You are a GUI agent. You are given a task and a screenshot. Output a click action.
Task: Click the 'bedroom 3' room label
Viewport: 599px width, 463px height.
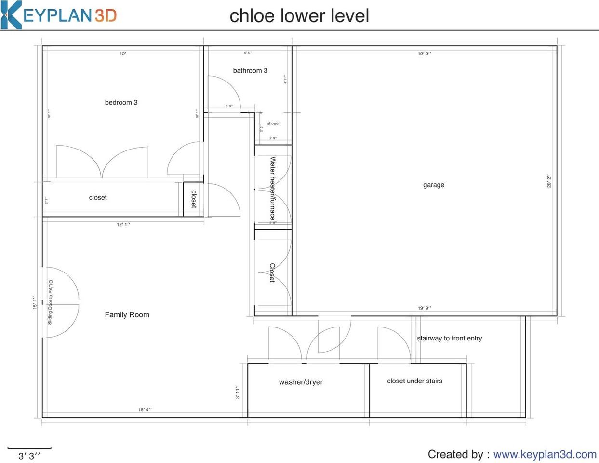(121, 102)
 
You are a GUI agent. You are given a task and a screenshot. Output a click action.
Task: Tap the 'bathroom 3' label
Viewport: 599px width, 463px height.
(250, 70)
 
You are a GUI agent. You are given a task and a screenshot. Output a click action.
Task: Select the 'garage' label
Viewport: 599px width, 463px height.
(433, 185)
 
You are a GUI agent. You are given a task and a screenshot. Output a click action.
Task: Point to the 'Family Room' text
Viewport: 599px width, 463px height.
(127, 314)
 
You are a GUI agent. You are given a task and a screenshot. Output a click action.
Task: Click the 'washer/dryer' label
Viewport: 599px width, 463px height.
(301, 382)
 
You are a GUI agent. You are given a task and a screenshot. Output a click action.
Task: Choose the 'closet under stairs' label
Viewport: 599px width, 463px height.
(414, 381)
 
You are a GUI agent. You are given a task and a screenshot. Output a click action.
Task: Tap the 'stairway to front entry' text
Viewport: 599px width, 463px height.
(449, 338)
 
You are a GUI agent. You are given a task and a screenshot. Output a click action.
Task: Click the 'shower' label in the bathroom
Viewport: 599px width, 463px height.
(273, 123)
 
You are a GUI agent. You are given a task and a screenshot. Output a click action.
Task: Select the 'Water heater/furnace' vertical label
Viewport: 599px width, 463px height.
(273, 189)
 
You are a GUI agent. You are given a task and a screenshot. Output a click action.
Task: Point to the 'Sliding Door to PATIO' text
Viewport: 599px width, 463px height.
(50, 302)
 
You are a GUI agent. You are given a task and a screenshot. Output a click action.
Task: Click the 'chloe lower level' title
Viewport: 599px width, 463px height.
(299, 15)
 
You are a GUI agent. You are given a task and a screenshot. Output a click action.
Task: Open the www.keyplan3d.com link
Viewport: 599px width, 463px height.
(545, 454)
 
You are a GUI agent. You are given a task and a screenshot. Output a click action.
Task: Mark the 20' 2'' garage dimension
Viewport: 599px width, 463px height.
(549, 181)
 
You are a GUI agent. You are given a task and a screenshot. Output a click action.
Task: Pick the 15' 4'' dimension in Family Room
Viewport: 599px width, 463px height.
(145, 410)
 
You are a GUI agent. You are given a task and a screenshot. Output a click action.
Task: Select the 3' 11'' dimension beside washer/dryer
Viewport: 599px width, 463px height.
(238, 392)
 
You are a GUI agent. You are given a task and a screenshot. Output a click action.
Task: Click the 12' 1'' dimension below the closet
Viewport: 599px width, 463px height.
(123, 224)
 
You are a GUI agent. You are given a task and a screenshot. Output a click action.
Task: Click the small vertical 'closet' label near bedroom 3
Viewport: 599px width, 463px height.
(194, 199)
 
